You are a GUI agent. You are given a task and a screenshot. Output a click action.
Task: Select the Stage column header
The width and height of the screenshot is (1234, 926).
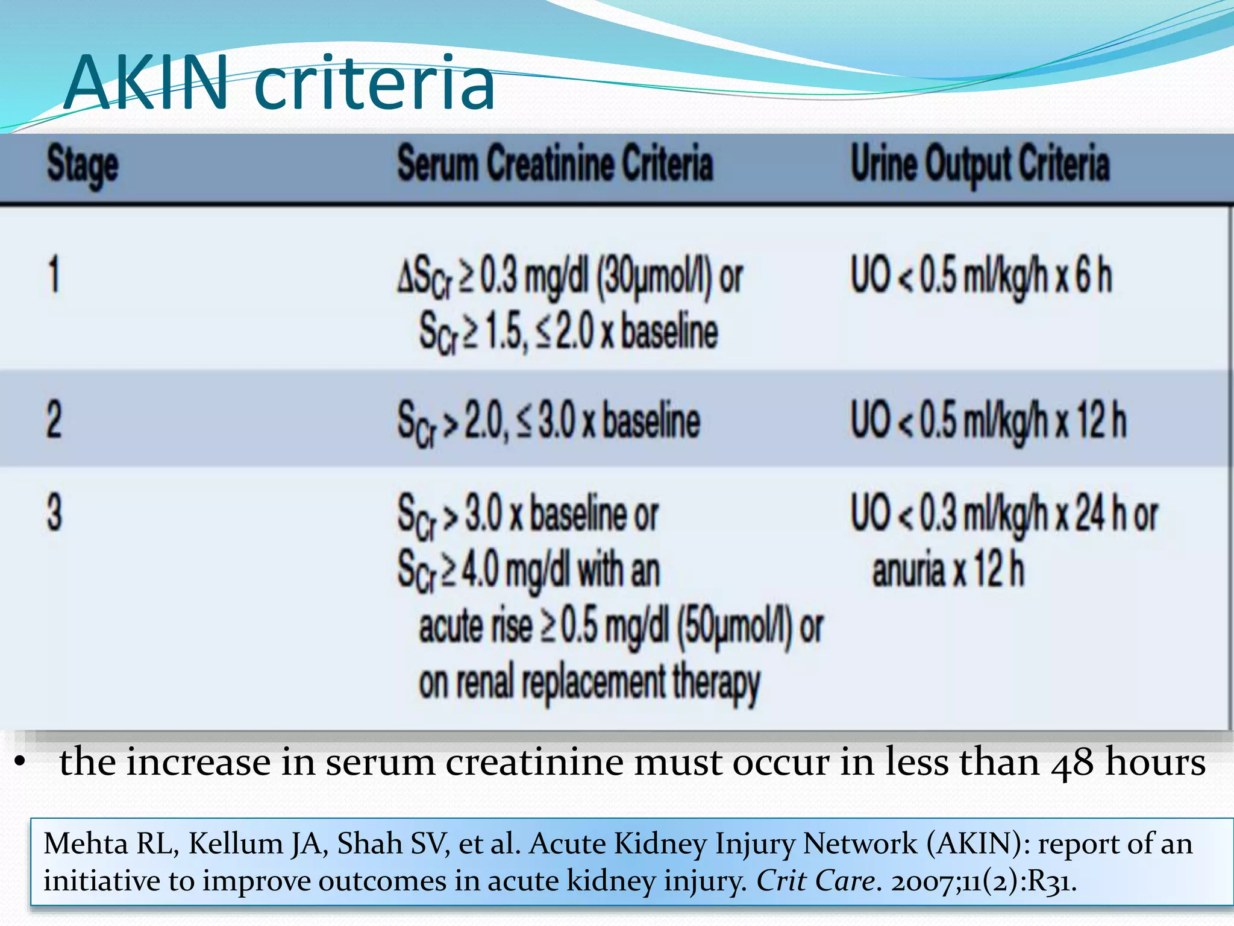tap(83, 165)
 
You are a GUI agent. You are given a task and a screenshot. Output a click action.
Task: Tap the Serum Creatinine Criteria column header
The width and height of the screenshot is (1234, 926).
tap(555, 163)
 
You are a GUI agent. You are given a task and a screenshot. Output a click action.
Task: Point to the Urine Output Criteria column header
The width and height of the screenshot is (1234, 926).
tap(980, 165)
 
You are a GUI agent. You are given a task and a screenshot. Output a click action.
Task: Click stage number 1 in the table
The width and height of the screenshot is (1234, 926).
tap(54, 275)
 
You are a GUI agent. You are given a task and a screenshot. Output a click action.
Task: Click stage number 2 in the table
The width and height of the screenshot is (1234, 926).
tap(54, 420)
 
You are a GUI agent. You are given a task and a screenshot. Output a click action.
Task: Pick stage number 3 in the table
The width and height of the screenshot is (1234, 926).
tap(54, 512)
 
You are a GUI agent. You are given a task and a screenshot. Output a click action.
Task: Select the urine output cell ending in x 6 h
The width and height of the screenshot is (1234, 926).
tap(980, 276)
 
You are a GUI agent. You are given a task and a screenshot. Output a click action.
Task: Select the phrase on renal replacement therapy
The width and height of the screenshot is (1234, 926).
tap(589, 683)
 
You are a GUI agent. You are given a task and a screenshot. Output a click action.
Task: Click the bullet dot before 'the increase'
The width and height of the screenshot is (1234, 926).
tap(20, 763)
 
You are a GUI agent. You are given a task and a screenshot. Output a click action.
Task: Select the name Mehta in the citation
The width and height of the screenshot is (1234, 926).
tap(86, 843)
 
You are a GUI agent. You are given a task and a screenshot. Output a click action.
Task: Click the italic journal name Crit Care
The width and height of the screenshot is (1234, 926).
tap(815, 881)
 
